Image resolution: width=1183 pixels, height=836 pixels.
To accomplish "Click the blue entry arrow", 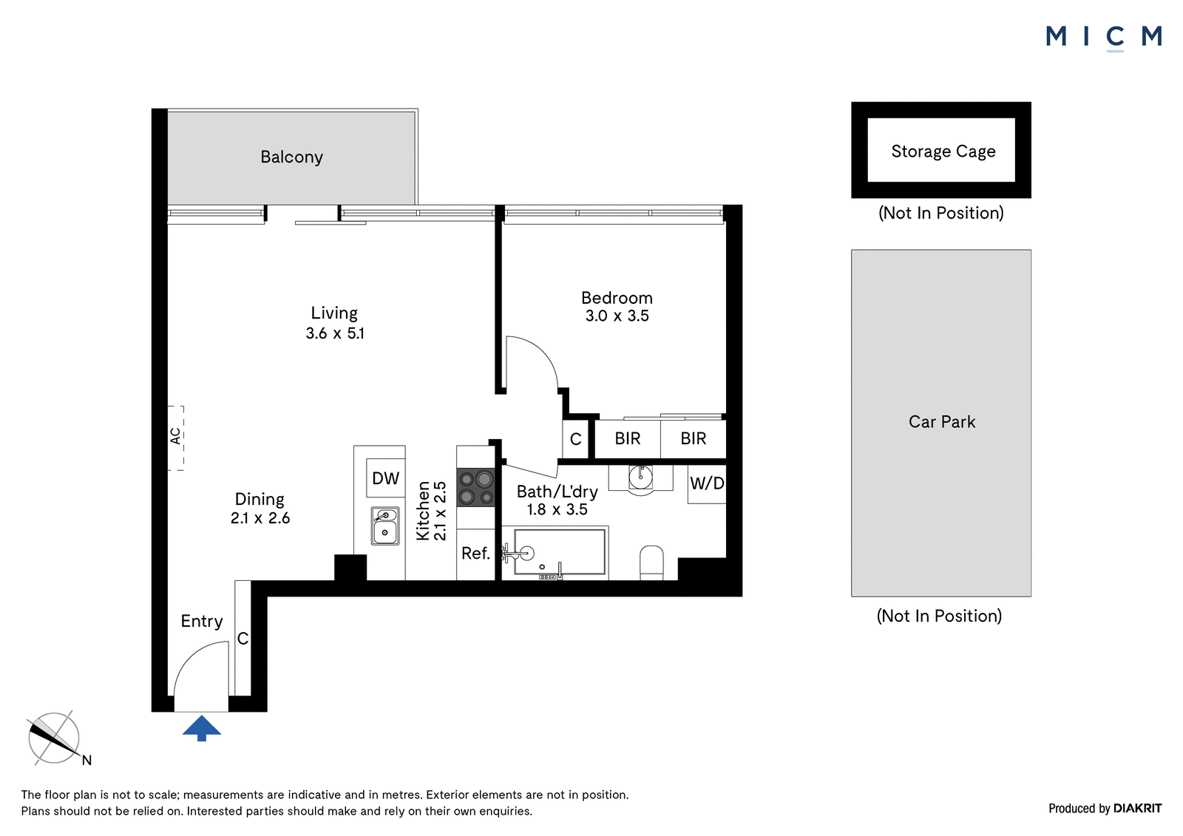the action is pos(201,728).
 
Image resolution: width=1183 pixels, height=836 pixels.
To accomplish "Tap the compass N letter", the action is pos(87,760).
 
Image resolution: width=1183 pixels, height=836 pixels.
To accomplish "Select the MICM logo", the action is pos(1104,38).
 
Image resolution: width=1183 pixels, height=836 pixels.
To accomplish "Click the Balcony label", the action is pos(291,157).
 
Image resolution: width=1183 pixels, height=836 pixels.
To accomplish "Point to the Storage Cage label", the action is pos(943,152).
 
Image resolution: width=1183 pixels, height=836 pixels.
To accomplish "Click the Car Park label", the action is pos(942,421).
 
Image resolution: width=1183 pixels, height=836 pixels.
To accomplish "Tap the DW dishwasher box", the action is pos(385,478).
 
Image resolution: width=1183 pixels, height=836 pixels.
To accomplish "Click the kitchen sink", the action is pos(385,526).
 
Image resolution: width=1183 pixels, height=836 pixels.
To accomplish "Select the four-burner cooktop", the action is pos(476,487).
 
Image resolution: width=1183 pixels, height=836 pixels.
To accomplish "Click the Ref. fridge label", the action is pos(475,553).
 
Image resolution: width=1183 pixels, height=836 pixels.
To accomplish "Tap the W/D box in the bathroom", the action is pos(707,483).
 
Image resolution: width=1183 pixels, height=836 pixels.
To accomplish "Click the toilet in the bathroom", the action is pos(651,563).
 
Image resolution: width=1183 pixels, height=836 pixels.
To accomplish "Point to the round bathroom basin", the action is pos(640,478).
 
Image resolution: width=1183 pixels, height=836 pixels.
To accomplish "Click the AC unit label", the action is pos(175,436).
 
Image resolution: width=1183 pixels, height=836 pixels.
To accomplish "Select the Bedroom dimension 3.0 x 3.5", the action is pos(617,316).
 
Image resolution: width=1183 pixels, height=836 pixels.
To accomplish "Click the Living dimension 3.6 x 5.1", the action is pos(335,333).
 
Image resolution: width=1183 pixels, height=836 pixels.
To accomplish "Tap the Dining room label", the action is pos(260,499).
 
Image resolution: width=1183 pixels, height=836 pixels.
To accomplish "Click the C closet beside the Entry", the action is pos(243,639).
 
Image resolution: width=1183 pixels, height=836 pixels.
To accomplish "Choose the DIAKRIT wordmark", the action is pos(1137,808).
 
